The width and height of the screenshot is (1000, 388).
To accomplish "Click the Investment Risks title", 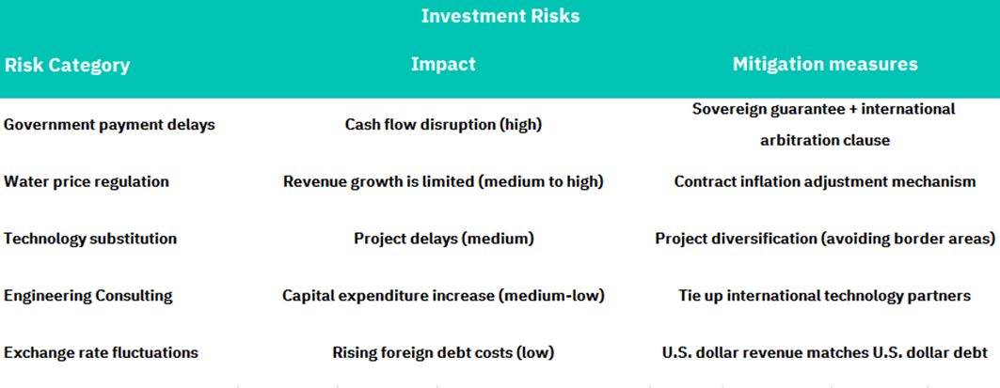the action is [500, 16].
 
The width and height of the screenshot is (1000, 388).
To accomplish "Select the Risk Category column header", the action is [67, 65].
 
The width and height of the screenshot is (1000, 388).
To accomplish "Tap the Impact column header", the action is [443, 64].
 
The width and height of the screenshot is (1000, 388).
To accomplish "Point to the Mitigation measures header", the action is [825, 64].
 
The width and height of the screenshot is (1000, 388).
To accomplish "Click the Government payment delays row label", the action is [110, 125].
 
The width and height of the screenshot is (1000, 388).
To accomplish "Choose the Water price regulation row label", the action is [87, 182].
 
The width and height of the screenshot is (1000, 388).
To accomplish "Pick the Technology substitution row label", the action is [90, 239].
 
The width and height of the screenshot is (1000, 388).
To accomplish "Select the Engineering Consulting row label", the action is [88, 296].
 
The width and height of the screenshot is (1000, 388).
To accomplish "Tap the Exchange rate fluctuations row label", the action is [101, 353].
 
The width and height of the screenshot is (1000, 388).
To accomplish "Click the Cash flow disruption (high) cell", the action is [443, 125].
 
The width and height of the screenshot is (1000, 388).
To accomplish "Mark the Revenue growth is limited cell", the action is [443, 182].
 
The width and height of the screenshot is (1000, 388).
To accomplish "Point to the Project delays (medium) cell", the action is [443, 239].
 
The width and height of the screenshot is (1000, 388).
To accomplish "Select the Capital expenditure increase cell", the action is [443, 296].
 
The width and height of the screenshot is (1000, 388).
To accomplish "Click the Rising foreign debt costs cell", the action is [443, 353].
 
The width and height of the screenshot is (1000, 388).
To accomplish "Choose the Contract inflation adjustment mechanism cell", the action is [825, 182].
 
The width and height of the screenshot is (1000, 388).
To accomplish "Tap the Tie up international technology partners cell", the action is [825, 296].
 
